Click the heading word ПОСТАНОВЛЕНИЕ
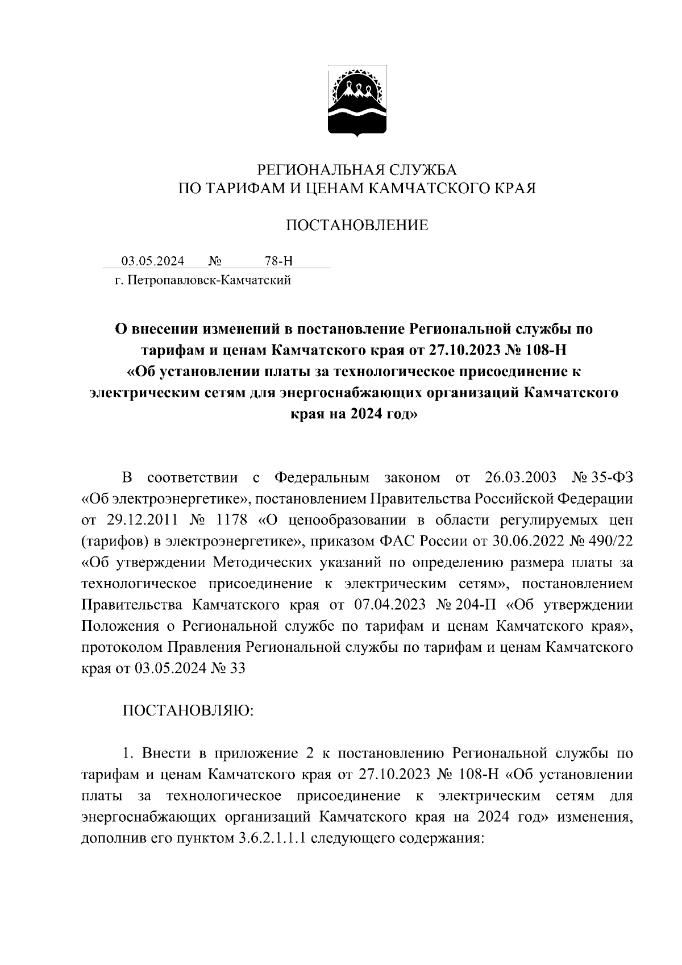click(357, 226)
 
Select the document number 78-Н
click(278, 261)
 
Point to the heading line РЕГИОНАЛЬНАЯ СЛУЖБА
click(357, 170)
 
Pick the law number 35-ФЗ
click(610, 477)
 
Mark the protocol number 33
click(237, 668)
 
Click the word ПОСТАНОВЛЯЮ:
click(188, 711)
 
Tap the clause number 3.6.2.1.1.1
click(271, 839)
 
